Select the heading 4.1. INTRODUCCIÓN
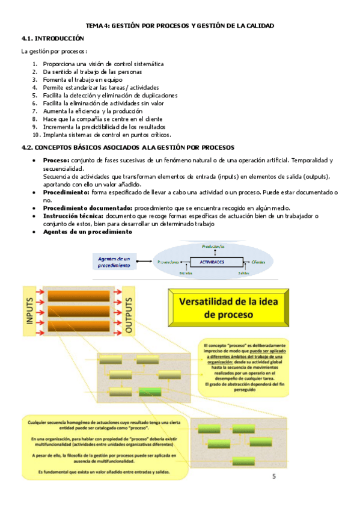tap(53, 38)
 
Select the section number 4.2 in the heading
tap(26, 147)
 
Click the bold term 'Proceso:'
tap(56, 161)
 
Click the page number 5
tap(275, 478)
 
